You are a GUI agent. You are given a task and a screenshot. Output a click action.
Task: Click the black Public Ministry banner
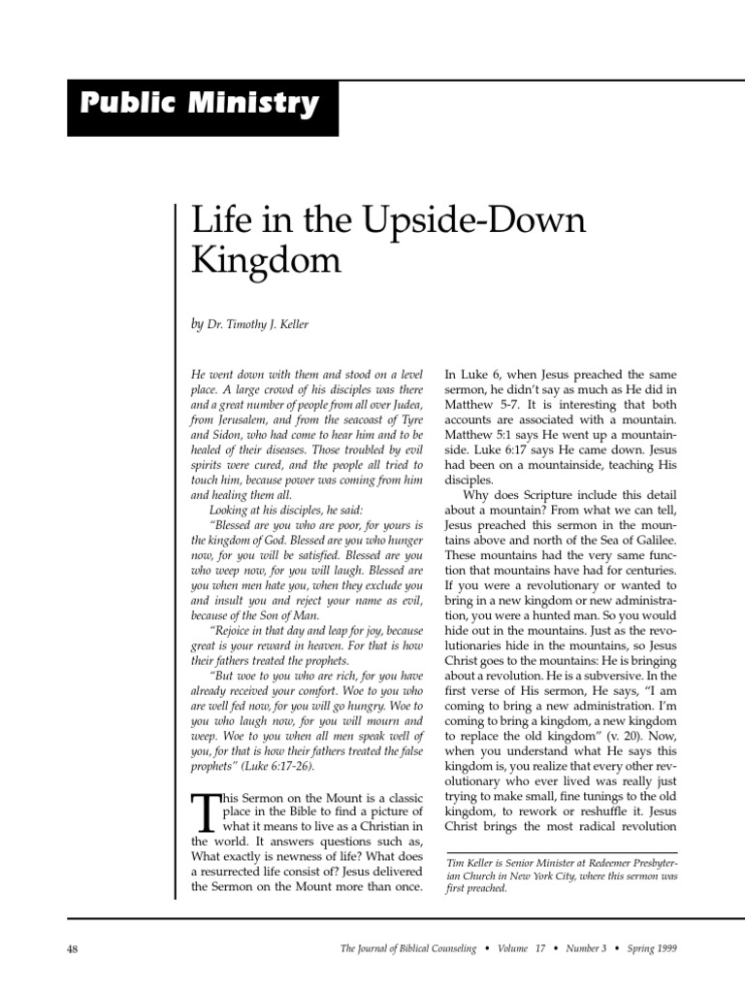coord(203,105)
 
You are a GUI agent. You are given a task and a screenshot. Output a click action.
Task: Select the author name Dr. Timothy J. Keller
coord(257,324)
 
